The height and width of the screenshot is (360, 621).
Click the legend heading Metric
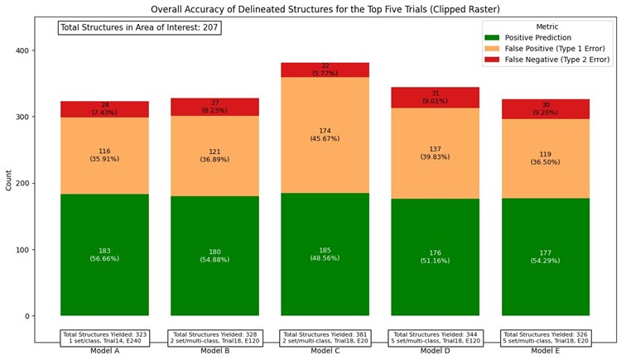[547, 26]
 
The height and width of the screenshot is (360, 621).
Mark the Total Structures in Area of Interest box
[139, 27]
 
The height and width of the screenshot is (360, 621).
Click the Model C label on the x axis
[325, 351]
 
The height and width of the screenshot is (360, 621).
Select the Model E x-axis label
[545, 351]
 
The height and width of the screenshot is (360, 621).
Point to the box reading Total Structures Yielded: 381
[325, 338]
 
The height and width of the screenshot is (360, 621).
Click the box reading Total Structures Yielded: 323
[104, 338]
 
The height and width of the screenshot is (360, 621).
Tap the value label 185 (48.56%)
[325, 255]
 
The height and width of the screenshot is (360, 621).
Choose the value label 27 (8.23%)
[214, 107]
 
